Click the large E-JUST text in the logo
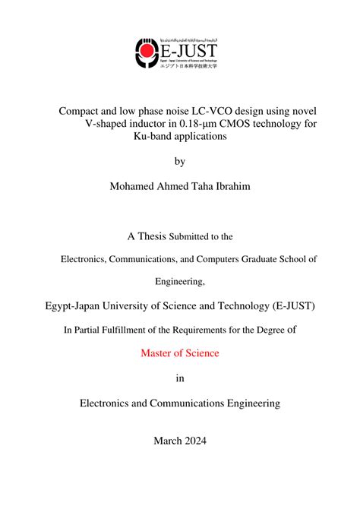click(x=187, y=52)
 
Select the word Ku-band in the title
click(x=155, y=136)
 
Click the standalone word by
click(x=180, y=161)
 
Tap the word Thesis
click(x=152, y=236)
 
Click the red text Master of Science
click(x=180, y=353)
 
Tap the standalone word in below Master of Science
click(x=180, y=378)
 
